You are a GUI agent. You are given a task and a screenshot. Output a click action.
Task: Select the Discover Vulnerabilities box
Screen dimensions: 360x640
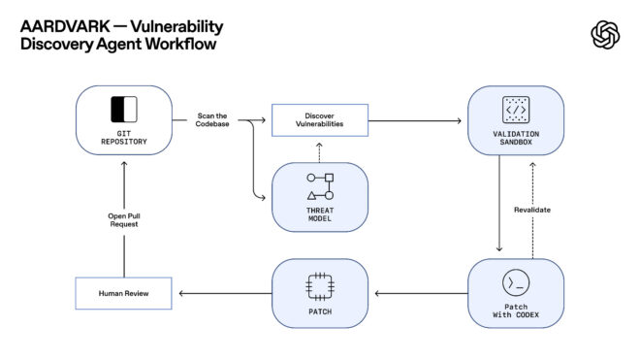pyautogui.click(x=320, y=121)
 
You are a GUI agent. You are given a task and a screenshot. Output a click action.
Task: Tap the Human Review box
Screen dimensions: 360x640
pyautogui.click(x=123, y=293)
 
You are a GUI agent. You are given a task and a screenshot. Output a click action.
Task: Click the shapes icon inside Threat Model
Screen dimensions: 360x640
pyautogui.click(x=320, y=186)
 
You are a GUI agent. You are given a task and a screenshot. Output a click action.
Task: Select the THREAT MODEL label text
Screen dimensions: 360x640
pyautogui.click(x=320, y=215)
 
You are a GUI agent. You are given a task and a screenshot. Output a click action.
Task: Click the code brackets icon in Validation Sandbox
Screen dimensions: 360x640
pyautogui.click(x=516, y=109)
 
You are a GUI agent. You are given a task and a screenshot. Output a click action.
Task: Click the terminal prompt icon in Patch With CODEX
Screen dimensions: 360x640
pyautogui.click(x=516, y=282)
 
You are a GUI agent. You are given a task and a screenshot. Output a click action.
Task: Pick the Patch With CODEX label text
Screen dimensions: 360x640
pyautogui.click(x=516, y=311)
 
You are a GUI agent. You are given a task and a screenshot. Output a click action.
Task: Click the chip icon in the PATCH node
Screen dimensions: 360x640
pyautogui.click(x=320, y=282)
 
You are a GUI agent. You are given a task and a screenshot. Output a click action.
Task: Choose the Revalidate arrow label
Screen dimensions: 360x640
pyautogui.click(x=531, y=210)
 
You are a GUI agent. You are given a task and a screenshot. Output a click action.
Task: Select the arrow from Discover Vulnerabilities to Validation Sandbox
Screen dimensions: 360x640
pyautogui.click(x=414, y=121)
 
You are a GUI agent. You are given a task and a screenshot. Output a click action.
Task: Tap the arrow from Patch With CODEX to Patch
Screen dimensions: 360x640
pyautogui.click(x=419, y=293)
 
